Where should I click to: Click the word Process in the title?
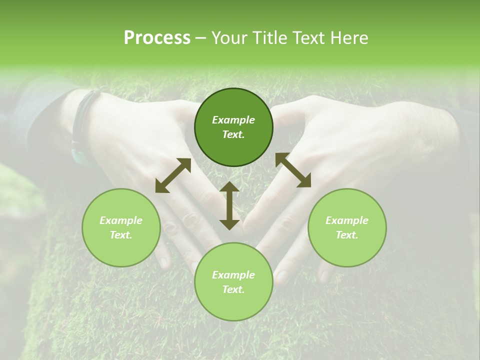click(x=157, y=38)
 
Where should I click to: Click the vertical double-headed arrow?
click(x=229, y=205)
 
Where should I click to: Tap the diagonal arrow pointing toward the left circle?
click(x=173, y=175)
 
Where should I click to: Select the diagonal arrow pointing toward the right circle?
click(x=293, y=170)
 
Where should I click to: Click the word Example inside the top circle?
click(x=233, y=120)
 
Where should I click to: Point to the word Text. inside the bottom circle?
click(x=233, y=289)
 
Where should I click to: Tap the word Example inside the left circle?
click(x=121, y=220)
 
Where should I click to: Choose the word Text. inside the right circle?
click(x=347, y=235)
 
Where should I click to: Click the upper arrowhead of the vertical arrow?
click(x=229, y=187)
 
